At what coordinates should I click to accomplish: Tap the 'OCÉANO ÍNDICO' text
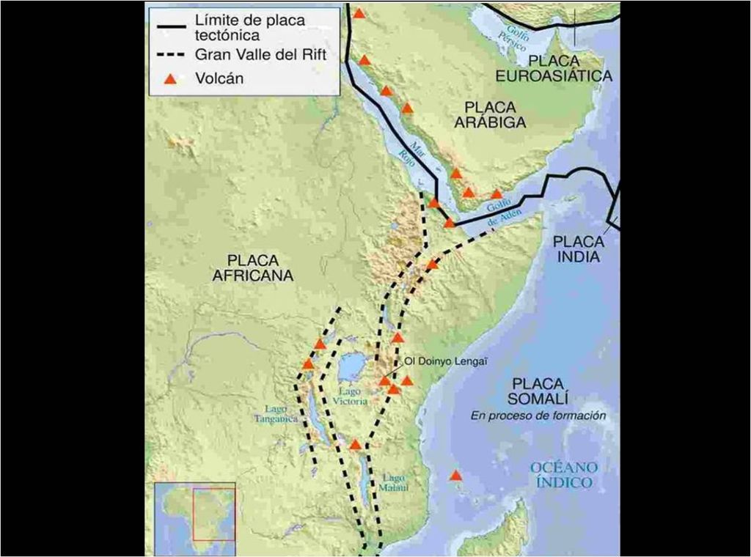point(565,475)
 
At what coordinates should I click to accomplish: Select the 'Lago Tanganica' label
point(277,413)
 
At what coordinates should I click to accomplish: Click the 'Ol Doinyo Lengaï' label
point(447,361)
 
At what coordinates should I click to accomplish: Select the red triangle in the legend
point(169,79)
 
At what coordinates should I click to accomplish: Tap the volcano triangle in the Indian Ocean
point(455,476)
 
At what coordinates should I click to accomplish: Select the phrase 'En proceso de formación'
point(538,416)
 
